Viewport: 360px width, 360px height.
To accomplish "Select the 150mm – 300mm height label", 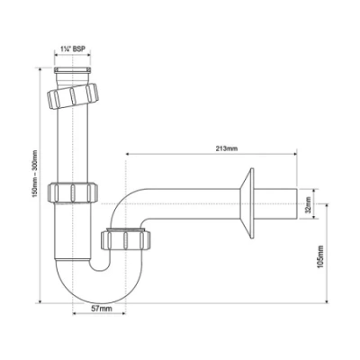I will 34,184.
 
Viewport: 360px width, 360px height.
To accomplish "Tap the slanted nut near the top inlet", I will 74,93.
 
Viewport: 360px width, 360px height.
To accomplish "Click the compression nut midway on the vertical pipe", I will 73,191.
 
